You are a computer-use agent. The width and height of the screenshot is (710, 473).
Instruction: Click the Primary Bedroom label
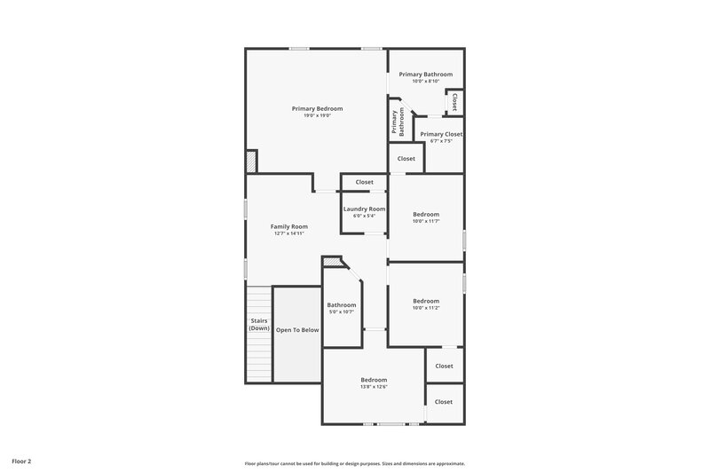tap(317, 108)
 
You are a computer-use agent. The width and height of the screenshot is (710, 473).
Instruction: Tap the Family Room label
tap(288, 226)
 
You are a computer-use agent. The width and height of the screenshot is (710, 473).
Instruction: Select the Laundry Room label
tap(365, 209)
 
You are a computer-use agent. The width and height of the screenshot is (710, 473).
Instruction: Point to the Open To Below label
tap(296, 329)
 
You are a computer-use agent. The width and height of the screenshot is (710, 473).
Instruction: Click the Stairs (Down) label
tap(258, 324)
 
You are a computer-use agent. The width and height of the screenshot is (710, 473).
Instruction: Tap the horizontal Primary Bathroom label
tap(425, 75)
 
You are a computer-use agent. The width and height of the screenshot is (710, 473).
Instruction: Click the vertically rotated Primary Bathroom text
tap(398, 122)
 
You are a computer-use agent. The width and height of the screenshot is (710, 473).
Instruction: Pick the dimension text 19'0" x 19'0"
tap(317, 115)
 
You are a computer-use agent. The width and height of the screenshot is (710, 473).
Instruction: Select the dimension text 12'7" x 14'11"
tap(288, 233)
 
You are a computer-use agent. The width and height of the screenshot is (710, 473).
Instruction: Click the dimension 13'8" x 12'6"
tap(374, 386)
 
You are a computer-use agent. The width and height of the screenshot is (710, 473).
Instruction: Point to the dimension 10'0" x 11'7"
tap(426, 221)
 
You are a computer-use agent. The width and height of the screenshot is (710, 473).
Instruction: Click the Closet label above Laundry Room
tap(365, 182)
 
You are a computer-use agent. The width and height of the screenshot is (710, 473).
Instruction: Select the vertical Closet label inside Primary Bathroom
tap(454, 101)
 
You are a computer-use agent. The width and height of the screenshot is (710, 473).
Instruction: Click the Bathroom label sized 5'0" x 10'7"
tap(342, 305)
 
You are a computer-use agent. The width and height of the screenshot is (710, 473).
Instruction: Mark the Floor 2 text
tap(21, 461)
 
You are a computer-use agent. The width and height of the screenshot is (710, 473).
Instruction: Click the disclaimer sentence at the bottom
tap(355, 463)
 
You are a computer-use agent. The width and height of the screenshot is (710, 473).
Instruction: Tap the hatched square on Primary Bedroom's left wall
tap(251, 162)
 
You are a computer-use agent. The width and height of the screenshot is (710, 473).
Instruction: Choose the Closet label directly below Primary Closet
tap(406, 159)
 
